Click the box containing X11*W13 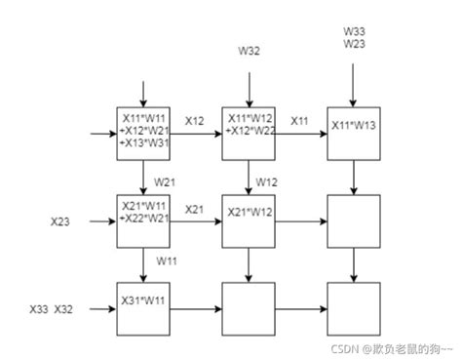pos(352,132)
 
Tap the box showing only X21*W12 pos(248,220)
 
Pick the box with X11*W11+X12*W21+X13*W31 pos(142,132)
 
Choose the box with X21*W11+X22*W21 pos(142,220)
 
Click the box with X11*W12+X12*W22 pos(248,132)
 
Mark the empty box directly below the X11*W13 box pos(352,220)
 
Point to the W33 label pos(354,30)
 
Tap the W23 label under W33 pos(354,43)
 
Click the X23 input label pos(60,221)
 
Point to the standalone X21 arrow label pos(194,209)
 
